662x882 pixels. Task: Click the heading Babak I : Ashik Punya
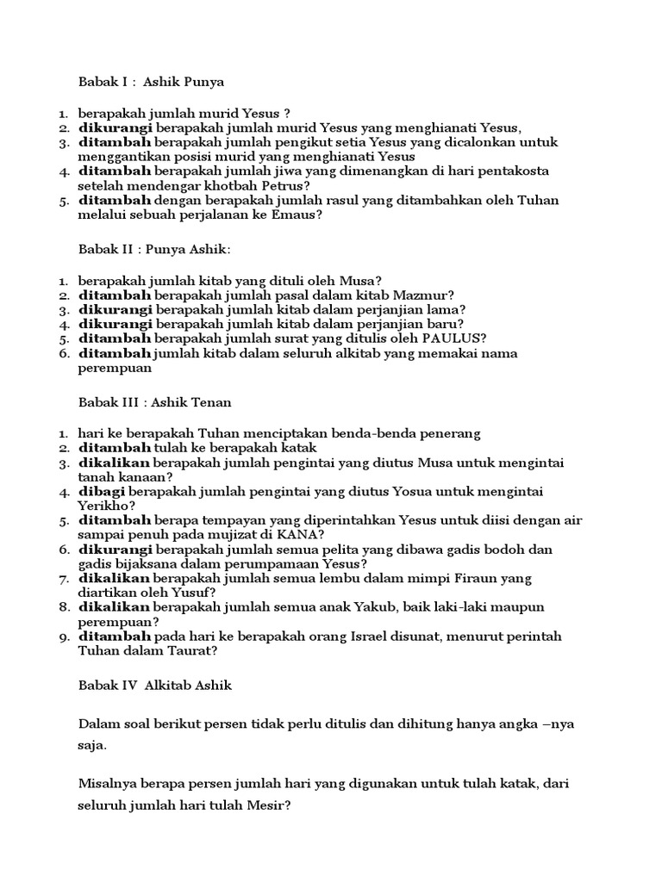click(151, 83)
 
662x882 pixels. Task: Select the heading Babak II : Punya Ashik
click(154, 249)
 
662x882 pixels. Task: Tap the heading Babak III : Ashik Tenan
click(154, 402)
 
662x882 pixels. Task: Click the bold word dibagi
click(103, 491)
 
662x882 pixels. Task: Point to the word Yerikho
click(106, 506)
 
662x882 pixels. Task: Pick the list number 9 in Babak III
click(64, 637)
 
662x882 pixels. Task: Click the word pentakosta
click(514, 171)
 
